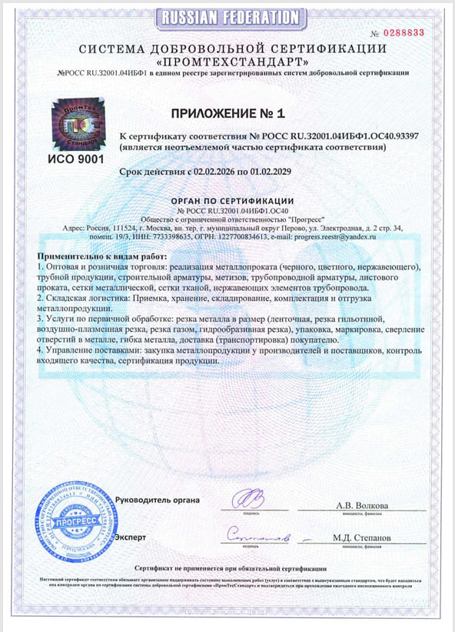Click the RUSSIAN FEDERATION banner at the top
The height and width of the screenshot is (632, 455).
(x=228, y=16)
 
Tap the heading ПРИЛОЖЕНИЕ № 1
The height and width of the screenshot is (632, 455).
(x=227, y=112)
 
